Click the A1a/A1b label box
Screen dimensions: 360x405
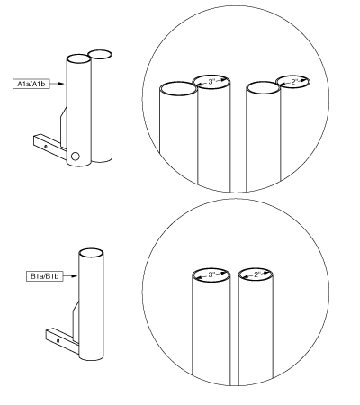click(x=31, y=84)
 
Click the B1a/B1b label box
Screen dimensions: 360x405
click(x=45, y=276)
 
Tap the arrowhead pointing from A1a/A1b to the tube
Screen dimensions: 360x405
click(x=61, y=84)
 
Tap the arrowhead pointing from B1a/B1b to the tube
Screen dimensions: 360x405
click(x=75, y=276)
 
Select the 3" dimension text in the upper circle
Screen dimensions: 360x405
click(x=212, y=82)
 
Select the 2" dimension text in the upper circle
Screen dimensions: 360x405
click(x=295, y=82)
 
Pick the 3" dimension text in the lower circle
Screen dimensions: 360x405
click(x=212, y=274)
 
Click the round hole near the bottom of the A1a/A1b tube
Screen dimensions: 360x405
click(x=75, y=157)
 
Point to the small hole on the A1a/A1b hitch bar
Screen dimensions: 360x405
click(x=46, y=147)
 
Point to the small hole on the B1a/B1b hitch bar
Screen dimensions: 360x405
click(x=58, y=340)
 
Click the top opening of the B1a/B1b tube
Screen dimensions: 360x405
click(x=91, y=253)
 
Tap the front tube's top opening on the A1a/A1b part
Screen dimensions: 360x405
click(x=78, y=58)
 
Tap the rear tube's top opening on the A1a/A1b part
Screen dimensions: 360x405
click(x=100, y=55)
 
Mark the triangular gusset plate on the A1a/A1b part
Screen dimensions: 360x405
click(x=63, y=129)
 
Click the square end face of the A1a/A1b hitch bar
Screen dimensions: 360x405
click(x=37, y=140)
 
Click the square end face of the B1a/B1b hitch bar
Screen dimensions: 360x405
click(x=49, y=334)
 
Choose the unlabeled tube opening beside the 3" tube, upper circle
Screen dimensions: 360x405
click(x=178, y=89)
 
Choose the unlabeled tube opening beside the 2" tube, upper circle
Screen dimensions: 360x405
click(x=264, y=88)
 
